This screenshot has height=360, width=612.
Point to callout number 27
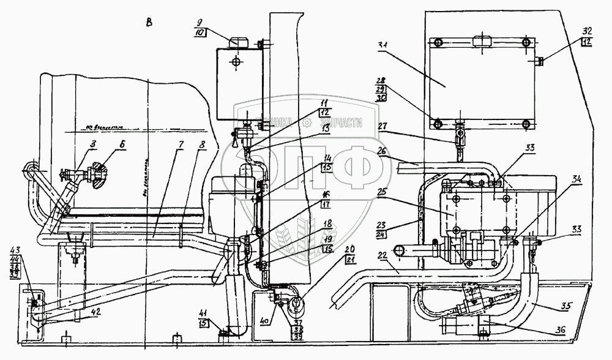pyautogui.click(x=383, y=127)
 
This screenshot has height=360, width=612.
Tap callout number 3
pyautogui.click(x=94, y=144)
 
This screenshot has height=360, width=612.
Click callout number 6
pyautogui.click(x=124, y=144)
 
